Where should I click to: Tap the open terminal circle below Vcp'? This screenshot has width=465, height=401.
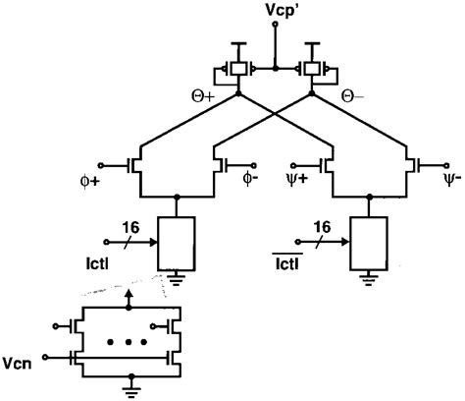click(x=275, y=27)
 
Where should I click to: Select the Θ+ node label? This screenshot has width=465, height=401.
click(x=201, y=98)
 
